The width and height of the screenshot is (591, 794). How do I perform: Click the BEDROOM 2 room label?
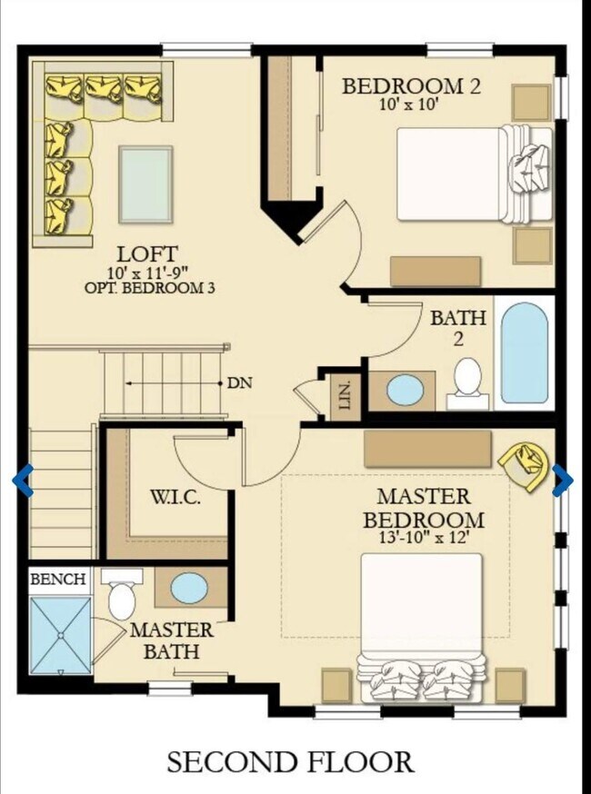[x=411, y=86]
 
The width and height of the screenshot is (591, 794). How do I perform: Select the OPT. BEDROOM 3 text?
[x=149, y=288]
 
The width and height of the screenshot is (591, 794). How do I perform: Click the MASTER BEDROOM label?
[x=424, y=508]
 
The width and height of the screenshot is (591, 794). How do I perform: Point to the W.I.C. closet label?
[x=175, y=497]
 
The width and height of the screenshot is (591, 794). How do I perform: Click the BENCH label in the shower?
[x=58, y=579]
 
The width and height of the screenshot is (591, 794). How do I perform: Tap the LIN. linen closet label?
[x=345, y=396]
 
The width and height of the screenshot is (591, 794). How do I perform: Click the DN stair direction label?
[x=240, y=382]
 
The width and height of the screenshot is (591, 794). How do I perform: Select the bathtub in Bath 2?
[x=524, y=353]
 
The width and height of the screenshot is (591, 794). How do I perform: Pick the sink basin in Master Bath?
[x=189, y=588]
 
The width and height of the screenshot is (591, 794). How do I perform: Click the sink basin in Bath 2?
[x=405, y=390]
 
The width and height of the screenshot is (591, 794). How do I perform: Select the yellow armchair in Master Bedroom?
[x=526, y=465]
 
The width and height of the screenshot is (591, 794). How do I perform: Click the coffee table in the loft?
[x=145, y=184]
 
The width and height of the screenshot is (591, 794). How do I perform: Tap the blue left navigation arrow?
[x=24, y=480]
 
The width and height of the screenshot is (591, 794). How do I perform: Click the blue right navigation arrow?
[x=563, y=480]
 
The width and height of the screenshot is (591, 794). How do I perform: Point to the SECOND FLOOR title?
[x=290, y=762]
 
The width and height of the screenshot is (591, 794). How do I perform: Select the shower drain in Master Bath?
[x=60, y=636]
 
